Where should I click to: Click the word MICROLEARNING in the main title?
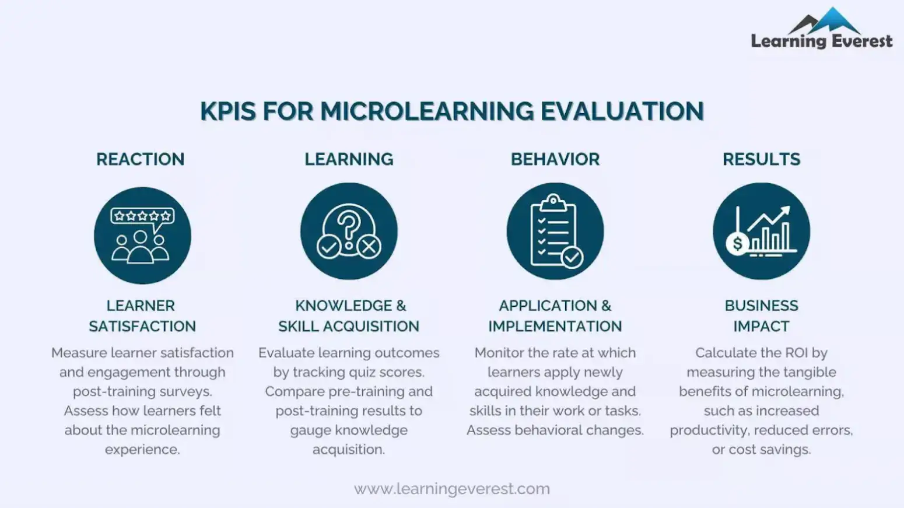(x=427, y=111)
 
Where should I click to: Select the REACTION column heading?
(x=140, y=159)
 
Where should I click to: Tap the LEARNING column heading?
(x=349, y=159)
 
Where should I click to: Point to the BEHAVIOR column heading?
(x=555, y=159)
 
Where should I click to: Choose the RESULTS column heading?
(x=761, y=159)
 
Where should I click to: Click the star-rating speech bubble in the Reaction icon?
(x=142, y=216)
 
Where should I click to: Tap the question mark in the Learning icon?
(x=349, y=225)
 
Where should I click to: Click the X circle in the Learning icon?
(x=369, y=247)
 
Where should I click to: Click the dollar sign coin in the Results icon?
(x=738, y=243)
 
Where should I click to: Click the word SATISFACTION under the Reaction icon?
(x=142, y=327)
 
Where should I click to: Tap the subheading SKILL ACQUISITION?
(x=349, y=327)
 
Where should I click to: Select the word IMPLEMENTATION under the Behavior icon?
(x=555, y=327)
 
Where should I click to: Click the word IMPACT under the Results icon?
(x=761, y=327)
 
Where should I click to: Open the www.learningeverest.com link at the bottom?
(x=452, y=489)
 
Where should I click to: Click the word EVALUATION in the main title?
(x=622, y=111)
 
